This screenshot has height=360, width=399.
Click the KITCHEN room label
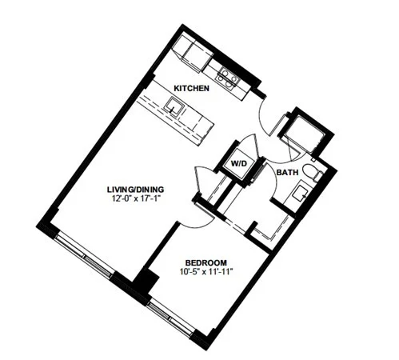[x=191, y=88]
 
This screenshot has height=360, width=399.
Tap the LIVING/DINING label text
[x=135, y=190]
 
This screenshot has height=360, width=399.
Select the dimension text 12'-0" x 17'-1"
[x=138, y=198]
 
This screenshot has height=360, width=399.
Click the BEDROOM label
[x=206, y=262]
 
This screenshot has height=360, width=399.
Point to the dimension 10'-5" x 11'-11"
[x=206, y=272]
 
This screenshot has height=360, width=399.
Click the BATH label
[x=287, y=173]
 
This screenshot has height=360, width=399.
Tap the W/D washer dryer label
[x=239, y=163]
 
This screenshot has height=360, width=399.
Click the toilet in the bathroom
[x=313, y=172]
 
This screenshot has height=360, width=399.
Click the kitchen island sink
[x=174, y=106]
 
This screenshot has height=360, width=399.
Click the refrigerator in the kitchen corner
[x=193, y=50]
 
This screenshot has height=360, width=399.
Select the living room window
[x=83, y=255]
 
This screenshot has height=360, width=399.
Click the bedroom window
[x=170, y=317]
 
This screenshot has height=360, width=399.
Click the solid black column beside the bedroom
[x=146, y=282]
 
